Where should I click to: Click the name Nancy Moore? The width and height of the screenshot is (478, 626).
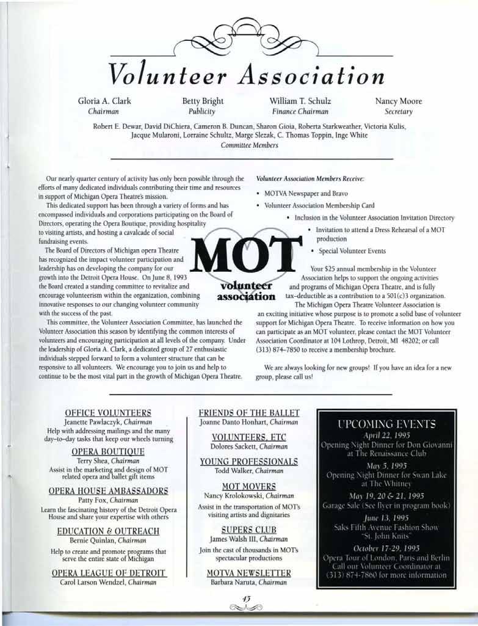pos(399,101)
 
